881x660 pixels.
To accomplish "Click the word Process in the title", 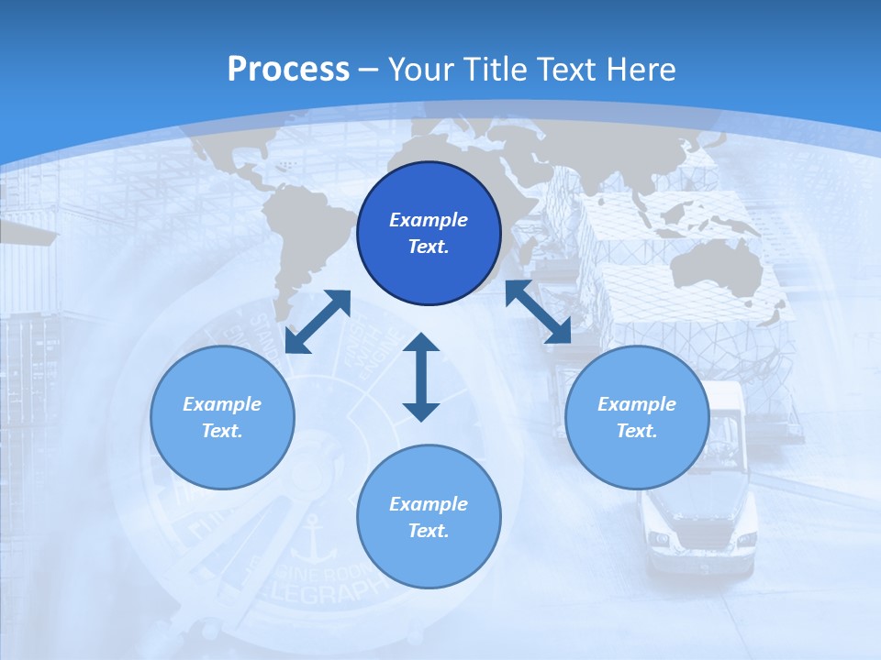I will tap(288, 69).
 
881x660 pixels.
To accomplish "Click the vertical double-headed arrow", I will tap(421, 377).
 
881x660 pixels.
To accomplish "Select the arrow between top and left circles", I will tap(318, 322).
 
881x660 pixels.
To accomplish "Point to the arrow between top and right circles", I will tap(539, 312).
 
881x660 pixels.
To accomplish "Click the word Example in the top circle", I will tap(429, 220).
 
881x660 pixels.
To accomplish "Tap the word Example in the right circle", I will tap(637, 404).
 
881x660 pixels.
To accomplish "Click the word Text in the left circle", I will tap(221, 431).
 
